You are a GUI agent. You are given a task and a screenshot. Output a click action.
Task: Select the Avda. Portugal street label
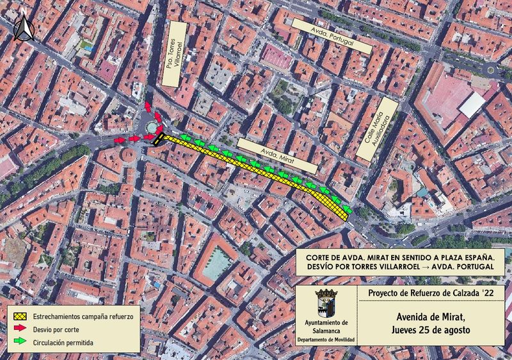[332, 35]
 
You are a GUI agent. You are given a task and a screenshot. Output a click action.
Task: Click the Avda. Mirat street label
[278, 156]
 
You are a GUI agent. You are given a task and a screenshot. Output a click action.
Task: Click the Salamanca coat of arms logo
[326, 303]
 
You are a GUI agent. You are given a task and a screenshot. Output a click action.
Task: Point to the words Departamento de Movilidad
[326, 340]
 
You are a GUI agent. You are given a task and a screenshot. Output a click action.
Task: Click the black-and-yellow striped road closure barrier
[158, 139]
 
